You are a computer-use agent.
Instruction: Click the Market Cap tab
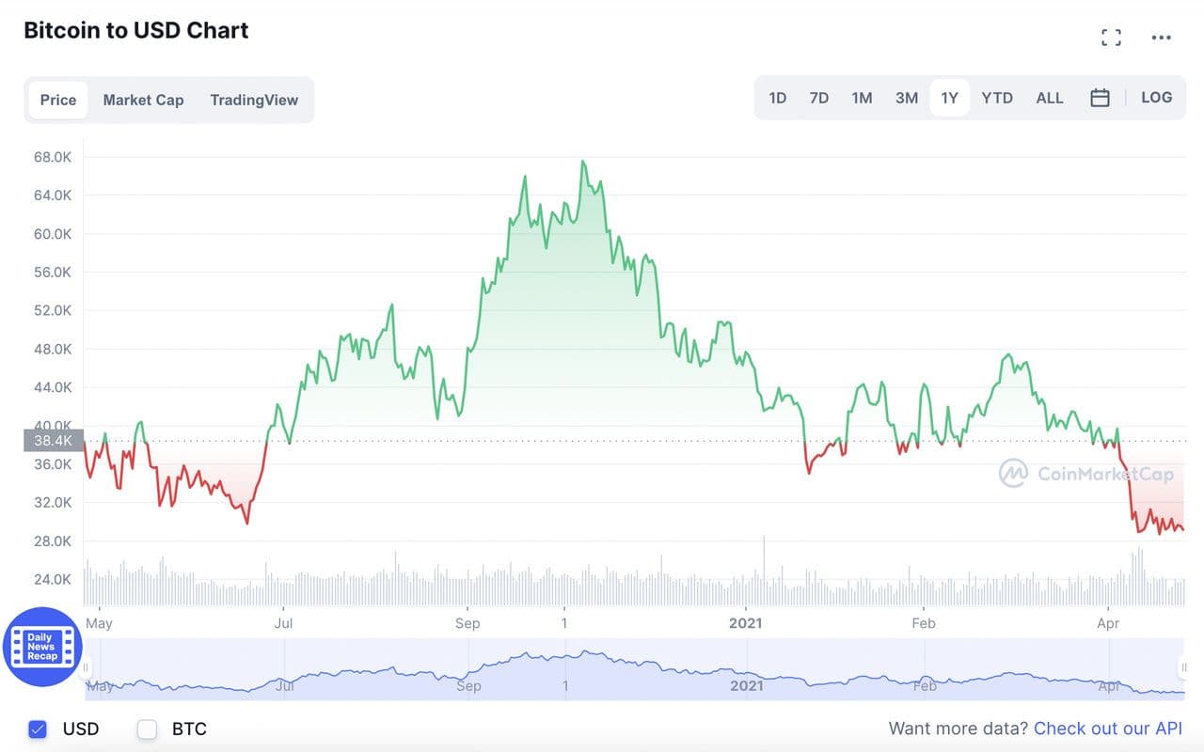coord(143,100)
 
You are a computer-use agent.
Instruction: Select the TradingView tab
coord(254,100)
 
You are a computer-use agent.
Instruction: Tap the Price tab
coord(58,100)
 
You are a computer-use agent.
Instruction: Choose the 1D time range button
coord(778,98)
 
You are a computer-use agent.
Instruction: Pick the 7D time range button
coord(819,98)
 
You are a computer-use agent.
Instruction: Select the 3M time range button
coord(907,98)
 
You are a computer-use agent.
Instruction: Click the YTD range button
coord(997,98)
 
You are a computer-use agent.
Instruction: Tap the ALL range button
coord(1050,98)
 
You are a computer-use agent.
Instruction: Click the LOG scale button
coord(1157,98)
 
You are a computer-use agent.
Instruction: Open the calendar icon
coord(1100,98)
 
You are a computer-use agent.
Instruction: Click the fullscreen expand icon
coord(1111,38)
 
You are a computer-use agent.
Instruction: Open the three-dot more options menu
coord(1162,38)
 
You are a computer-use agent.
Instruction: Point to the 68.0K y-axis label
coord(53,157)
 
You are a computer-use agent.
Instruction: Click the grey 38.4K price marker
coord(54,440)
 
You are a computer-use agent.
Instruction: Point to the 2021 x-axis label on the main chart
coord(746,623)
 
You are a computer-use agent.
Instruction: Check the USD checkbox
coord(38,728)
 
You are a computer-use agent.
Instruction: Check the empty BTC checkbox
coord(148,728)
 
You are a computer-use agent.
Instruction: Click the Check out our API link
coord(1108,728)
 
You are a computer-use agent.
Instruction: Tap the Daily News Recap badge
coord(42,647)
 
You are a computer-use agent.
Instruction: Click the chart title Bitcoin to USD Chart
coord(136,30)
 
